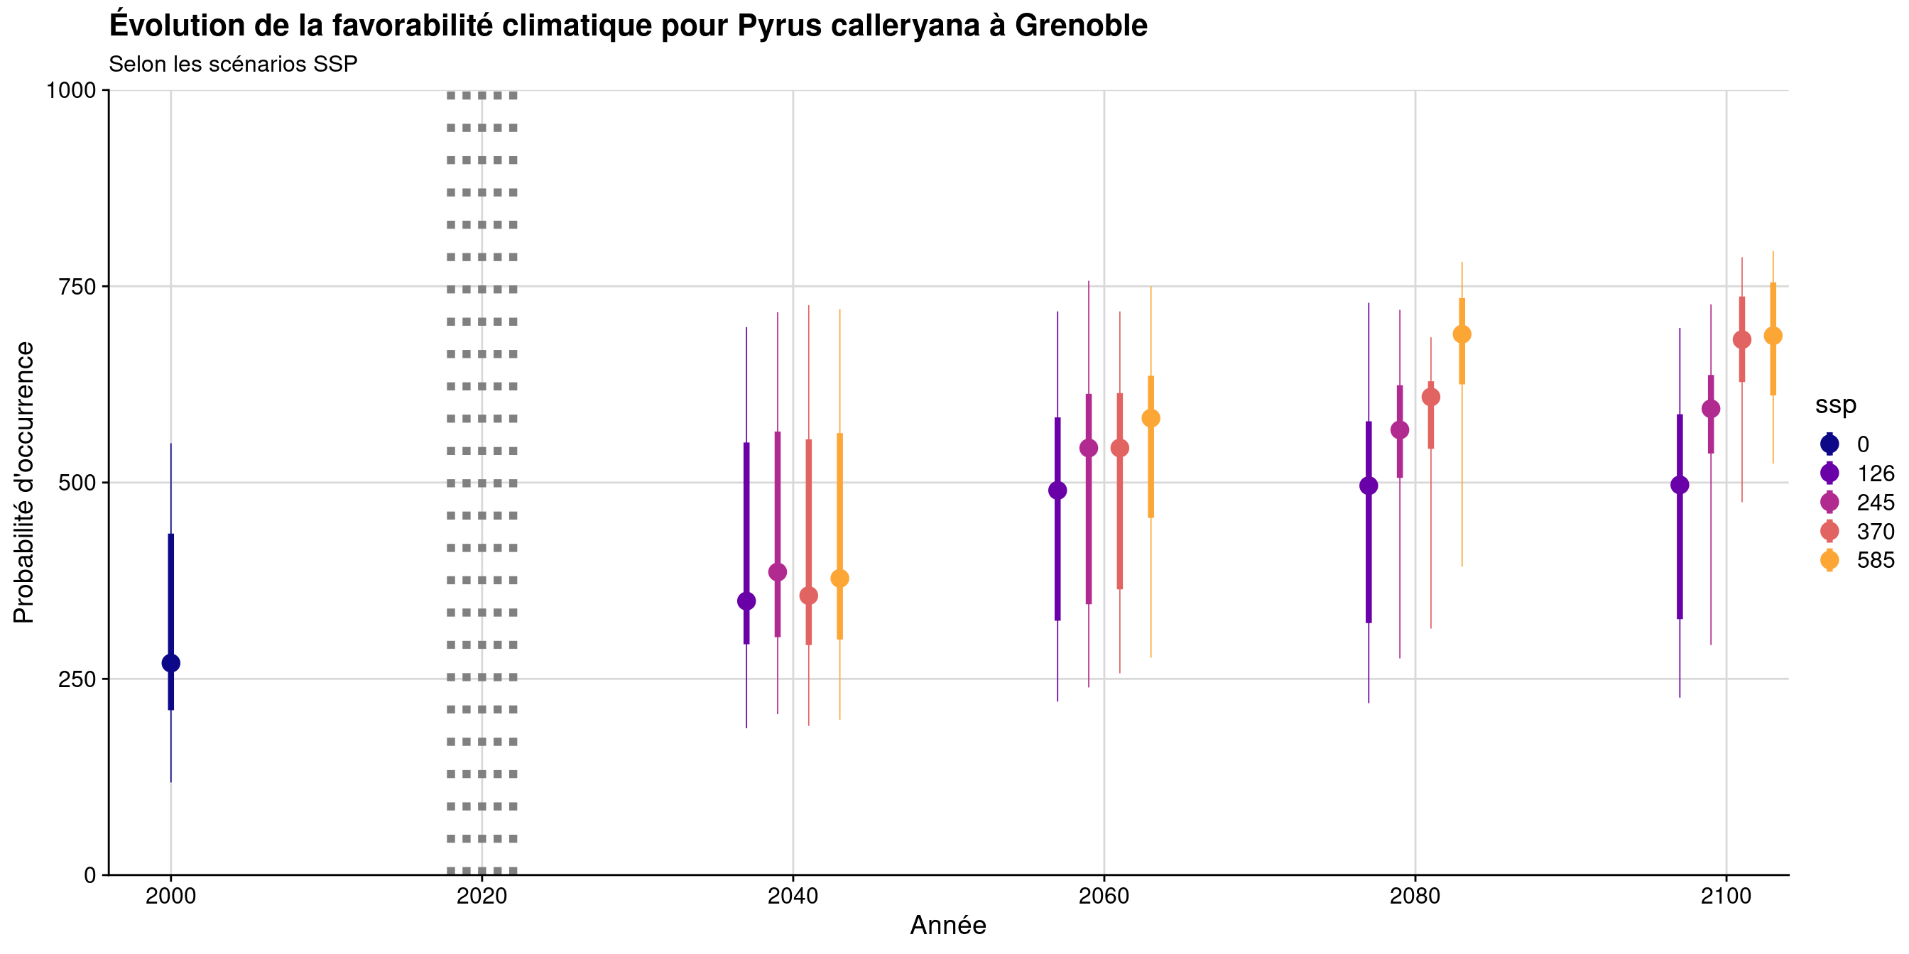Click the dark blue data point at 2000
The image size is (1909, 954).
pyautogui.click(x=170, y=663)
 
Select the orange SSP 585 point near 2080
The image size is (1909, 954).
pyautogui.click(x=1462, y=335)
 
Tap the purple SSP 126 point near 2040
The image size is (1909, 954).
pyautogui.click(x=746, y=601)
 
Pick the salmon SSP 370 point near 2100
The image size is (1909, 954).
pyautogui.click(x=1741, y=340)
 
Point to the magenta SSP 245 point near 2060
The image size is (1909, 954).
pyautogui.click(x=1089, y=448)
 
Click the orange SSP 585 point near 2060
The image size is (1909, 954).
pyautogui.click(x=1151, y=419)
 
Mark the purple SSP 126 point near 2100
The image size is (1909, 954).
pyautogui.click(x=1680, y=485)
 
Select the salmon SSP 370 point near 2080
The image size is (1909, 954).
pyautogui.click(x=1431, y=397)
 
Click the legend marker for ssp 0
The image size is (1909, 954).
pyautogui.click(x=1829, y=444)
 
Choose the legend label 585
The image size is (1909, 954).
pyautogui.click(x=1875, y=561)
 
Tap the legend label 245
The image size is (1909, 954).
pyautogui.click(x=1875, y=503)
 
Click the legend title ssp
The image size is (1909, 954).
pyautogui.click(x=1835, y=405)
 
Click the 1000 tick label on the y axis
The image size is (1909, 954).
pyautogui.click(x=71, y=90)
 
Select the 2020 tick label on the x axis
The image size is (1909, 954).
pyautogui.click(x=482, y=897)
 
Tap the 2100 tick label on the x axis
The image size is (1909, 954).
pyautogui.click(x=1726, y=897)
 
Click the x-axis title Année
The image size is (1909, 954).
pyautogui.click(x=948, y=926)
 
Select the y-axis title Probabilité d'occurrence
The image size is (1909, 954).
pyautogui.click(x=23, y=482)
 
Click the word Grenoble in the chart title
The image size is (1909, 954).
pyautogui.click(x=1080, y=26)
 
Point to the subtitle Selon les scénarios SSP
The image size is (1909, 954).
pyautogui.click(x=233, y=65)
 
